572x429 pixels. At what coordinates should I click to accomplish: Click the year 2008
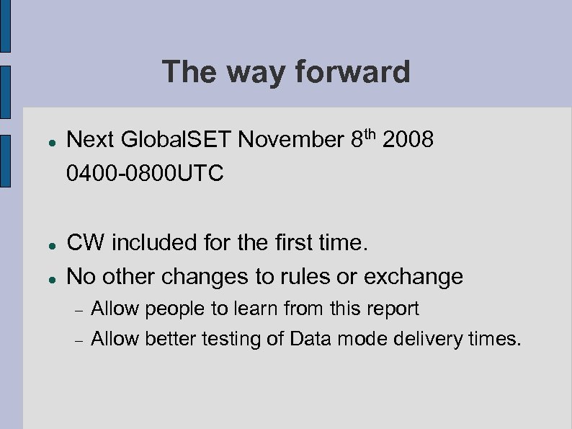pos(408,140)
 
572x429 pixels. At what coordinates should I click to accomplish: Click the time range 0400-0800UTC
pos(145,173)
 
